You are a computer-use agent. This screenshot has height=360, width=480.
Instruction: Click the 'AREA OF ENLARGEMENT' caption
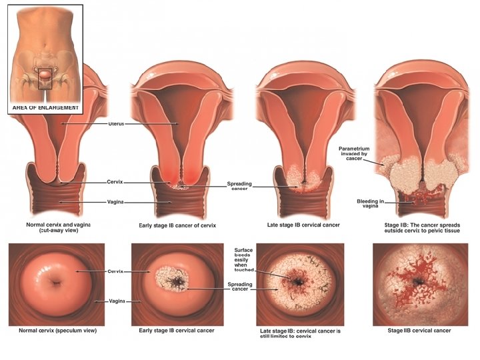click(x=45, y=107)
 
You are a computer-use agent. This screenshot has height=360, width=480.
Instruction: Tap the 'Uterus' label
click(x=116, y=124)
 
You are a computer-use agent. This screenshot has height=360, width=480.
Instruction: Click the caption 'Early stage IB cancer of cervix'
click(x=177, y=225)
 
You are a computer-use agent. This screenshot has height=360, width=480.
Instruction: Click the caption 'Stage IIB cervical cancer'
click(x=419, y=331)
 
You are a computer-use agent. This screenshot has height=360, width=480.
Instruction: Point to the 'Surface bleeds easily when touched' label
click(x=243, y=259)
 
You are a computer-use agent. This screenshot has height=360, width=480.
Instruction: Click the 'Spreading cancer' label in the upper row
click(x=239, y=185)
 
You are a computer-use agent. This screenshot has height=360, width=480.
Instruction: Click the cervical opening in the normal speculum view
click(x=55, y=283)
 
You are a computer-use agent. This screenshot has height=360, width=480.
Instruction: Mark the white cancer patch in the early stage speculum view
click(x=172, y=282)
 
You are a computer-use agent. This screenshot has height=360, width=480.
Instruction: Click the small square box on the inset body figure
click(x=45, y=78)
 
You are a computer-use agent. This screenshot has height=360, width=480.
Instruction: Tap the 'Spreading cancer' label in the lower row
click(x=239, y=287)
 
